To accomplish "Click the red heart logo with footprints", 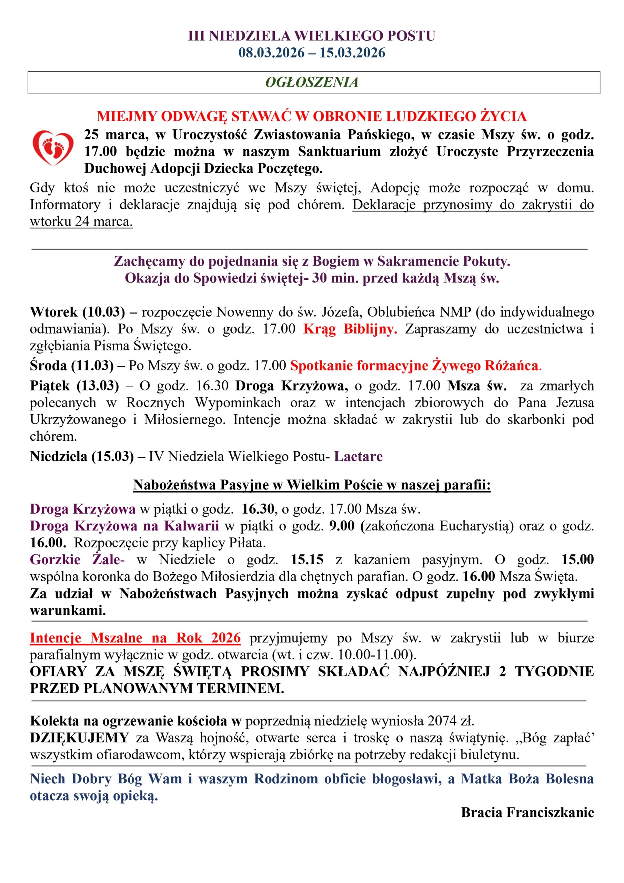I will pos(53,148).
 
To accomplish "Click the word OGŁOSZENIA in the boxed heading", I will pos(312,82).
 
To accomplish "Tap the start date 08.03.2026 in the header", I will pos(271,53).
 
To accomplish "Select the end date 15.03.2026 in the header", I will pos(352,53).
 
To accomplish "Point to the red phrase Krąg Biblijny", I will pos(350,329).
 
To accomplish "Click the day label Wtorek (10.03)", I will pos(77,312).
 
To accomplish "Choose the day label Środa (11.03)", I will pos(71,365).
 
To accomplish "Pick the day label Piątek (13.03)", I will pos(74,385).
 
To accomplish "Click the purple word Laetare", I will pos(358,456).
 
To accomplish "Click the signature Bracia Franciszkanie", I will pos(527,812).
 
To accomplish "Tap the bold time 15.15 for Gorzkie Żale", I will pos(307,559).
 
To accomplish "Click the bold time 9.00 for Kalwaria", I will pos(341,526).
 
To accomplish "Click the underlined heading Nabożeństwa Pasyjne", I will pos(312,485).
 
